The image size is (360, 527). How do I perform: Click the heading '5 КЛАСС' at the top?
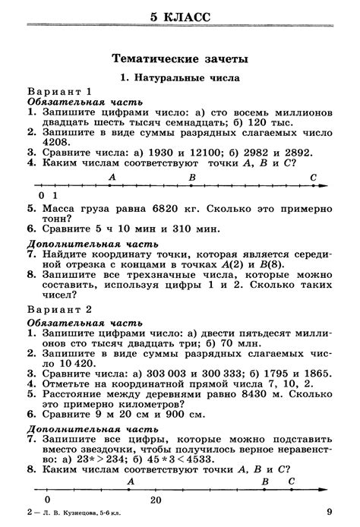pyautogui.click(x=180, y=16)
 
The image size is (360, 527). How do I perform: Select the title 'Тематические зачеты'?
pyautogui.click(x=180, y=58)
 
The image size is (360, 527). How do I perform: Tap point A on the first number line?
pyautogui.click(x=112, y=177)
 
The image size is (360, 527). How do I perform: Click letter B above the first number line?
pyautogui.click(x=192, y=177)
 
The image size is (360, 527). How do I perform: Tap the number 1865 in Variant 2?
pyautogui.click(x=314, y=373)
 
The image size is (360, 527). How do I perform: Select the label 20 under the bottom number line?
pyautogui.click(x=156, y=500)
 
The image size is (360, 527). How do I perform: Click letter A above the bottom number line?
pyautogui.click(x=131, y=481)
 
